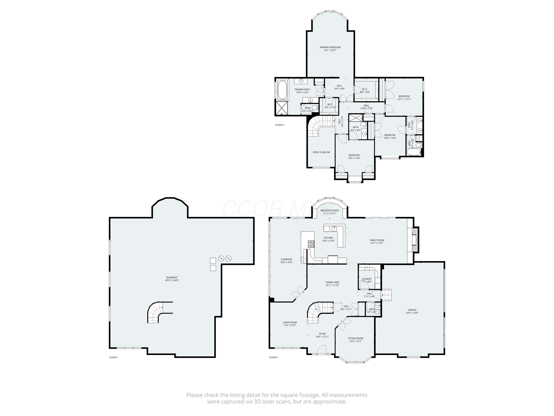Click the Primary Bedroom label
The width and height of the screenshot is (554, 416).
[x=330, y=47]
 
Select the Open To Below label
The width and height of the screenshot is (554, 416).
[x=321, y=152]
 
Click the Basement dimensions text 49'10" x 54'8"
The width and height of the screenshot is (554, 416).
[x=172, y=280]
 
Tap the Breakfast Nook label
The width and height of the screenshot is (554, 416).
[x=329, y=210]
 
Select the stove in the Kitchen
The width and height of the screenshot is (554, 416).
[x=311, y=244]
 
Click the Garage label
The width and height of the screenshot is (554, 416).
[x=412, y=310]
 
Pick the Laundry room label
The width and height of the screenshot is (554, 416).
[x=367, y=279]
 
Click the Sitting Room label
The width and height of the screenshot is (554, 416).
[x=355, y=338]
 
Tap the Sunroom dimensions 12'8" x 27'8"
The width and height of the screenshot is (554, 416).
[x=286, y=262]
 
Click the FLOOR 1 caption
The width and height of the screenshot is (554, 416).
[x=114, y=357]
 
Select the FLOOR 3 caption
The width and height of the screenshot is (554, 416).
[x=280, y=125]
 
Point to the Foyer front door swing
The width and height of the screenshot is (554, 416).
[x=322, y=349]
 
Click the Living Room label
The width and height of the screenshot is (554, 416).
[x=290, y=322]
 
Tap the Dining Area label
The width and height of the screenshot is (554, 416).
[x=332, y=282]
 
